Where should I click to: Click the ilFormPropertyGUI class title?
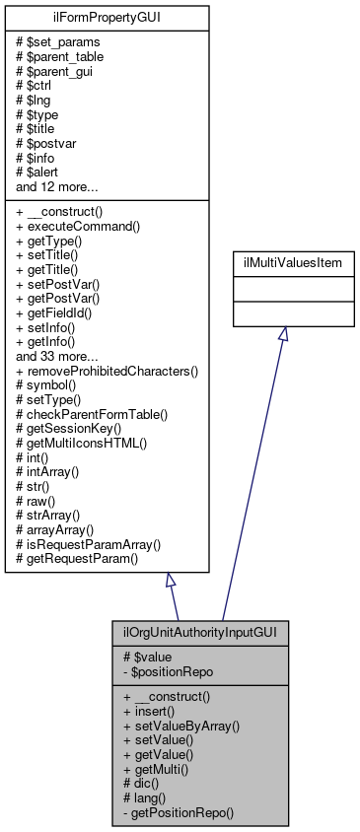108,17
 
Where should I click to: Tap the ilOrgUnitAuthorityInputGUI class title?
200,632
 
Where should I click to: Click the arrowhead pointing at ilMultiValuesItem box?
283,335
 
